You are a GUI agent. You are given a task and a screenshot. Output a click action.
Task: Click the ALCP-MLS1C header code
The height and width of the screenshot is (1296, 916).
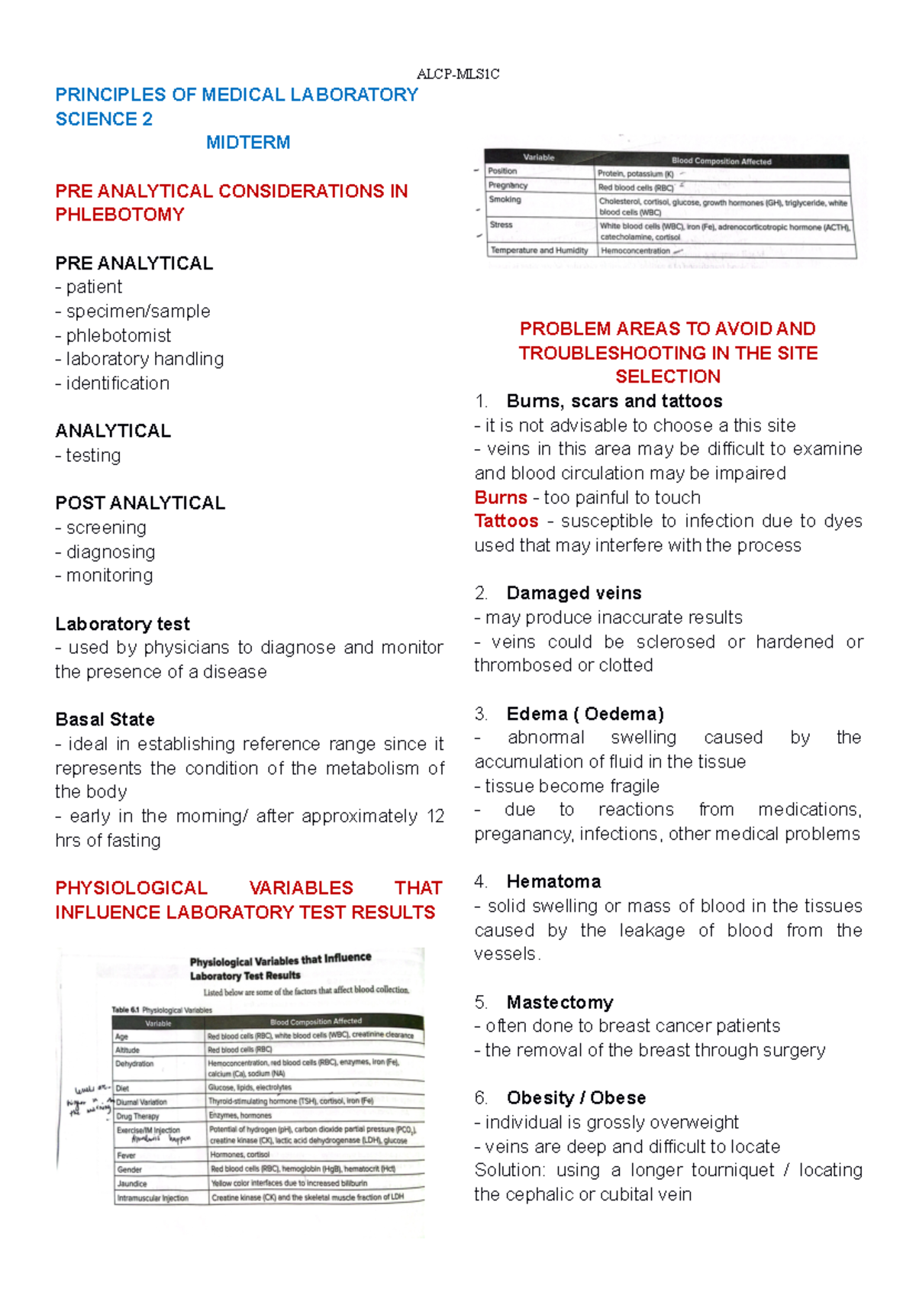click(x=458, y=74)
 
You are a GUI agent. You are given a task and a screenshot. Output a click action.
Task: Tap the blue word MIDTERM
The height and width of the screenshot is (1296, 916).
click(x=248, y=143)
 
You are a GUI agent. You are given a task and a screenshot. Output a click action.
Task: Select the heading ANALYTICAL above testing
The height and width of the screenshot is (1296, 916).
click(x=113, y=431)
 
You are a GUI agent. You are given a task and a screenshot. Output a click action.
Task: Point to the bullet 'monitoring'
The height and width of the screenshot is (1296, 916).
click(x=108, y=575)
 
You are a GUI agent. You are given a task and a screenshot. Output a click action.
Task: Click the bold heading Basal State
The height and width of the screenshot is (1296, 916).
click(x=105, y=719)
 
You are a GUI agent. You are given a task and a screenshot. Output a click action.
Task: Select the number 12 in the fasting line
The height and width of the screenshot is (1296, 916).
click(x=435, y=816)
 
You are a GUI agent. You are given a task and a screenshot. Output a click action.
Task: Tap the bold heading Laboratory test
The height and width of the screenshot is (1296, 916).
click(x=122, y=624)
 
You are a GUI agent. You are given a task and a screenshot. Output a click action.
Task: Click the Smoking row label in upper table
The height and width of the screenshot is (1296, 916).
click(x=505, y=199)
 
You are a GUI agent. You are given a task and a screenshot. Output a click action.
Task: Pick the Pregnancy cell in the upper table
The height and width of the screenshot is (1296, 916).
click(x=508, y=186)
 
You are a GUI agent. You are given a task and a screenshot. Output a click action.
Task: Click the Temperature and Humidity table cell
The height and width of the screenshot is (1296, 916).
click(x=539, y=250)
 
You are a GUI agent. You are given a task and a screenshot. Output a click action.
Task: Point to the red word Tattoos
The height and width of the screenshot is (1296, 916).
click(x=506, y=521)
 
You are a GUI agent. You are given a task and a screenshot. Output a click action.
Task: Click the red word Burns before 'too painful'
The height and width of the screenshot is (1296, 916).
click(x=501, y=497)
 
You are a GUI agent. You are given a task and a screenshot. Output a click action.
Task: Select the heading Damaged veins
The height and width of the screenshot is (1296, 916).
click(x=573, y=593)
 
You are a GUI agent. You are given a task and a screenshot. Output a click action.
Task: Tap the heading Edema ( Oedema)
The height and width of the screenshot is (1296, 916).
click(x=585, y=713)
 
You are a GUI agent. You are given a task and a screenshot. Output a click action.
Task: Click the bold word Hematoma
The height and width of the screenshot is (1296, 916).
click(x=553, y=881)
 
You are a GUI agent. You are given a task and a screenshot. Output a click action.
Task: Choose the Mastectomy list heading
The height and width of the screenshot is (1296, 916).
click(x=560, y=1002)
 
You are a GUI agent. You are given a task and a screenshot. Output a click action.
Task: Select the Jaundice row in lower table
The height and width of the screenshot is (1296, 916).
click(x=132, y=1183)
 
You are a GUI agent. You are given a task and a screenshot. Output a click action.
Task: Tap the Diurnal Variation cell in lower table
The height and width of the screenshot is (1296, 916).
click(x=141, y=1102)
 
